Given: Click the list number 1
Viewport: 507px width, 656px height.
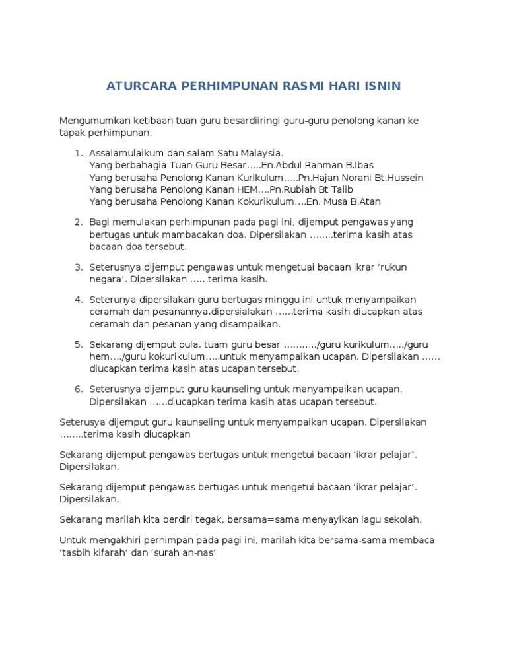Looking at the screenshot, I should coord(79,153).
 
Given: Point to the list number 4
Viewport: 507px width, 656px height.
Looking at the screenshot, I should coord(79,300).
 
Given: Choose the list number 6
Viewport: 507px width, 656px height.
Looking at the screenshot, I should coord(79,389).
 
